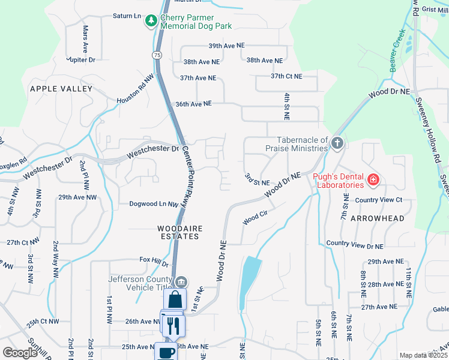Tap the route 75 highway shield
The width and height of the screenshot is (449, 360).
click(157, 55)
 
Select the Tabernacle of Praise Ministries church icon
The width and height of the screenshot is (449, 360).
click(337, 143)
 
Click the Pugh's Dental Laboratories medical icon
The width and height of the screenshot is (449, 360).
click(373, 179)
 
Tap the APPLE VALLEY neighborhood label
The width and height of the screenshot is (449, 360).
click(61, 89)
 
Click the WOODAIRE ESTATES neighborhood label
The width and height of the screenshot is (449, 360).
click(178, 232)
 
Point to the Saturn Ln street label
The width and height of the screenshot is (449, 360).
click(127, 16)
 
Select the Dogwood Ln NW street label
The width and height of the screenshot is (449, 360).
click(154, 204)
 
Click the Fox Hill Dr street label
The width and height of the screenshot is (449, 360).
click(154, 261)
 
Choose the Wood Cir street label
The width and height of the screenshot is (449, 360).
click(255, 218)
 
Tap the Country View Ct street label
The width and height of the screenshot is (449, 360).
click(378, 200)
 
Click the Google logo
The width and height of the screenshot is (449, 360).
click(20, 353)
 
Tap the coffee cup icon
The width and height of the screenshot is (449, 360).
click(166, 352)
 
